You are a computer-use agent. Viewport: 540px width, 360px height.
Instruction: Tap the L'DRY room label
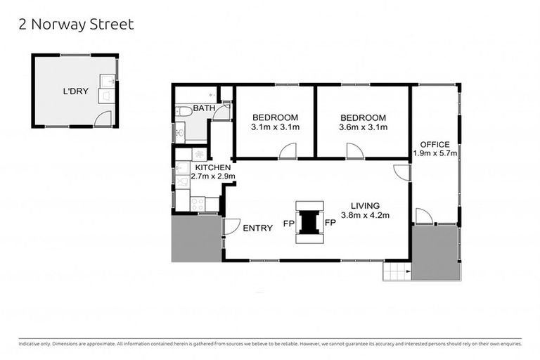[74, 91]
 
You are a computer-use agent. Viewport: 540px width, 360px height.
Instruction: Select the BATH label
[204, 108]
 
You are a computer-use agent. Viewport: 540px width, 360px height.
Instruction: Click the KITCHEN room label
[212, 167]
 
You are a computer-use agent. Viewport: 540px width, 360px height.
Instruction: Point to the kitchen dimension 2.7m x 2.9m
[212, 176]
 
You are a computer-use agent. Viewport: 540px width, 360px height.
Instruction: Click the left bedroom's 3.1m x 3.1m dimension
[275, 127]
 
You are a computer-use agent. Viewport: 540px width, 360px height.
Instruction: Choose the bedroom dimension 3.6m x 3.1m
[363, 127]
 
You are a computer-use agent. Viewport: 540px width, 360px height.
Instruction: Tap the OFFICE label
[435, 144]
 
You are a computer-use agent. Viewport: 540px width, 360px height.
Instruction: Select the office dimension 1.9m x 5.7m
[435, 153]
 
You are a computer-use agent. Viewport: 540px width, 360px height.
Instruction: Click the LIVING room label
[365, 205]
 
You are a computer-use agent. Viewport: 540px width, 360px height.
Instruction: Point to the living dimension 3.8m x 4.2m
[365, 215]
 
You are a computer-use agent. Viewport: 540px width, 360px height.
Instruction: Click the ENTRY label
[257, 229]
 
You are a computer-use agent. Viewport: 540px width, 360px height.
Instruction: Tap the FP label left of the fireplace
[288, 223]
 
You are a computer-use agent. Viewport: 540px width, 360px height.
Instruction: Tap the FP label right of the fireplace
[330, 223]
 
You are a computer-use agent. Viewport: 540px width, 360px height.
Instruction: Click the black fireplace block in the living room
[309, 221]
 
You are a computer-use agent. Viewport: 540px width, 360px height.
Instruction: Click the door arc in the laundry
[103, 119]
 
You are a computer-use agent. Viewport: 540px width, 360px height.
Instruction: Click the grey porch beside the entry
[197, 238]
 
